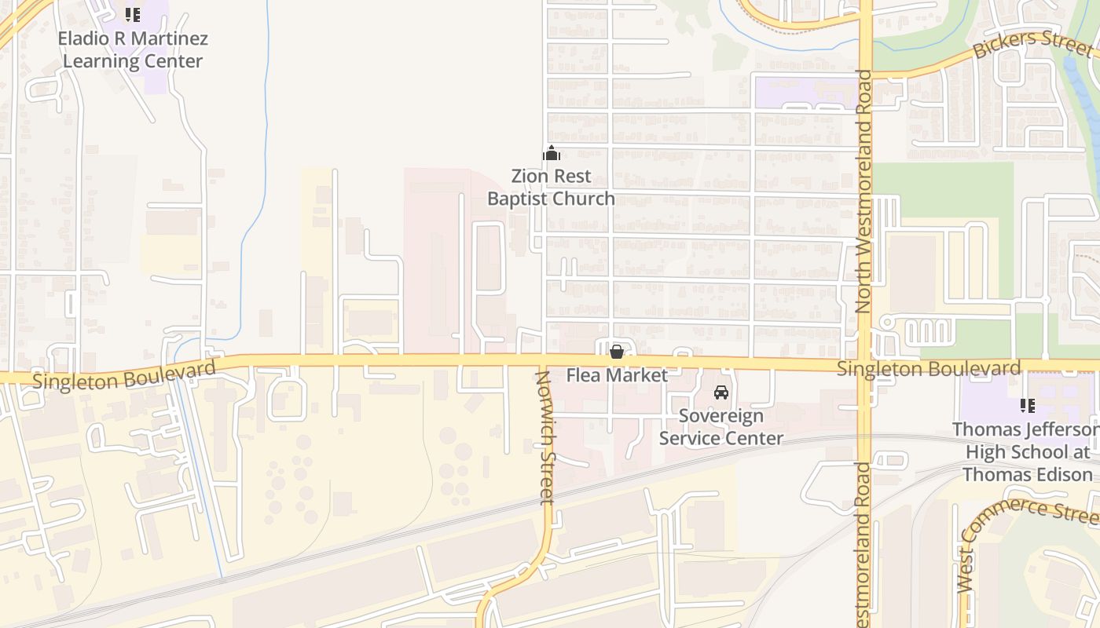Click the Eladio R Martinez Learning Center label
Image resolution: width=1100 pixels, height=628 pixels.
coord(133,49)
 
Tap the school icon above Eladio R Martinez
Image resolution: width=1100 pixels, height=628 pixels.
coord(133,14)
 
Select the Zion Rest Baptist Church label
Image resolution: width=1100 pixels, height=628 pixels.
coord(551,187)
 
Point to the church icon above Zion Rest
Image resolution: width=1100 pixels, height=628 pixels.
coord(552,153)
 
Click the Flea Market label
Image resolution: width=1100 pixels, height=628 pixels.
coord(617,375)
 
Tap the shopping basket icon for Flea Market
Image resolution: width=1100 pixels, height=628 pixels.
coord(617,352)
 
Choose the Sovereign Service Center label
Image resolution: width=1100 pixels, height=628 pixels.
coord(720,427)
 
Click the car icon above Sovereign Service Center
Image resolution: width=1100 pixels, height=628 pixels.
coord(720,392)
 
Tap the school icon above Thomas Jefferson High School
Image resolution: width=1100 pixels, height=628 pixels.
coord(1027,406)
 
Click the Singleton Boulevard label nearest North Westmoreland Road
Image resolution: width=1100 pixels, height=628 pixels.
coord(929,368)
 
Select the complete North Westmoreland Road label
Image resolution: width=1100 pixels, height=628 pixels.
coord(864,192)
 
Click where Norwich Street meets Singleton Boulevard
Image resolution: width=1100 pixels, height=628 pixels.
coord(542,360)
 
